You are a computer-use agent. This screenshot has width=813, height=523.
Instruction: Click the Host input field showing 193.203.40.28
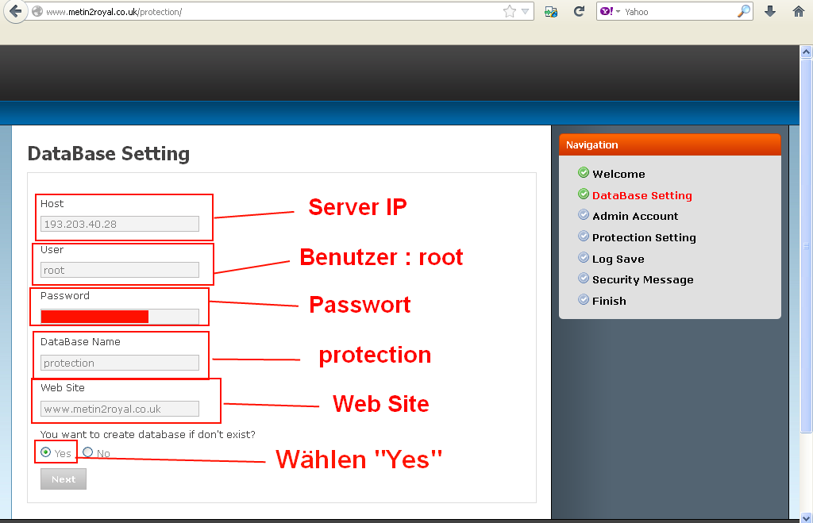click(120, 224)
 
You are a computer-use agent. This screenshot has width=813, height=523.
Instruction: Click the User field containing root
click(120, 270)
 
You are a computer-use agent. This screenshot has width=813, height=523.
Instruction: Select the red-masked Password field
click(120, 316)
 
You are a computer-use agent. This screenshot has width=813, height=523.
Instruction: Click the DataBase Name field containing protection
click(120, 363)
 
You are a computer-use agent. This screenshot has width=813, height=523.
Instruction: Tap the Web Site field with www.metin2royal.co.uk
click(120, 409)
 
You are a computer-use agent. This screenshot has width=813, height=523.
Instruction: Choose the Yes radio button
click(45, 452)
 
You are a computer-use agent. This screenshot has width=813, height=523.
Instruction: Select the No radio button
click(87, 452)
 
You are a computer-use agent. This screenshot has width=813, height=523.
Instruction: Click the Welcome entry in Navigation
click(618, 174)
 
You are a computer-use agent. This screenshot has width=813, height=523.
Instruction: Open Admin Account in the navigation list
click(635, 216)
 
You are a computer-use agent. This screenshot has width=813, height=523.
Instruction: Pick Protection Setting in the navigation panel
click(644, 237)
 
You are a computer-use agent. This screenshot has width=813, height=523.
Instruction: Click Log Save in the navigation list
click(618, 260)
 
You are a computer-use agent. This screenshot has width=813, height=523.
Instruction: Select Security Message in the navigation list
click(642, 280)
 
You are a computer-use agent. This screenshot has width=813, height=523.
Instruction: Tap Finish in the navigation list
click(609, 301)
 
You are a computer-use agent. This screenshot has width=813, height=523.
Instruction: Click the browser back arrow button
click(16, 11)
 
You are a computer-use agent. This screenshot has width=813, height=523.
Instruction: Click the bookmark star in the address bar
click(510, 11)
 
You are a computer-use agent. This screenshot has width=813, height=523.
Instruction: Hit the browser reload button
click(579, 11)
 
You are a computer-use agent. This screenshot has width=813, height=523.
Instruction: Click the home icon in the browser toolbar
click(799, 11)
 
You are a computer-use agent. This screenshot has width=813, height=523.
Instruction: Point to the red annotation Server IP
click(357, 207)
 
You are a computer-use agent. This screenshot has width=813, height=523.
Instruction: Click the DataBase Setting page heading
click(108, 154)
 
